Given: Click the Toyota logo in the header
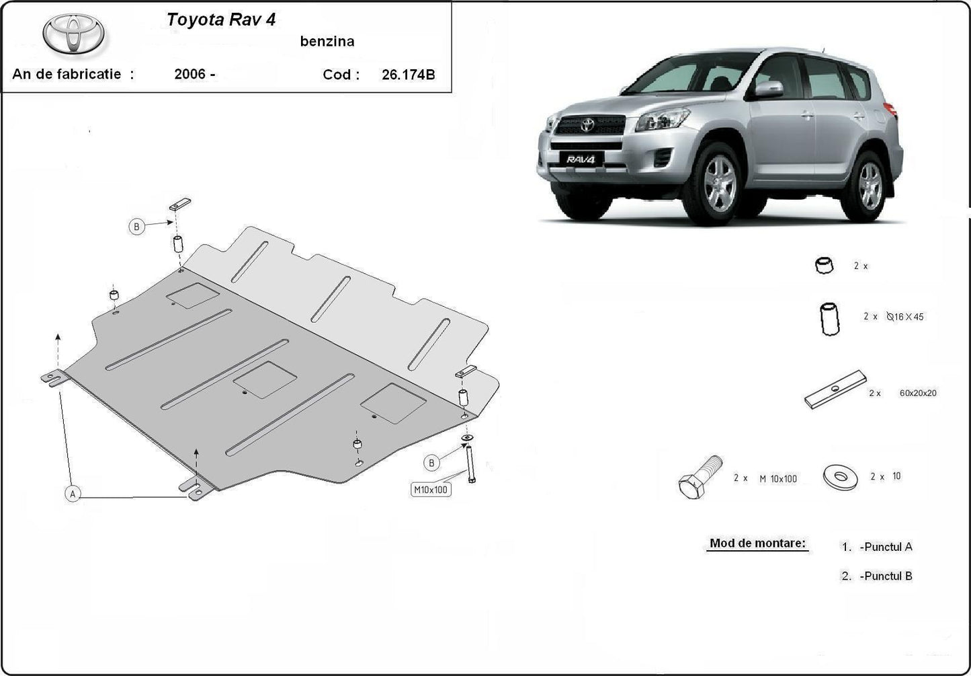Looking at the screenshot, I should coord(74,34).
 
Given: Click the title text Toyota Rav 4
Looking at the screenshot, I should coord(221,20).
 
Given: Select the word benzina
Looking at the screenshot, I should coord(327,42).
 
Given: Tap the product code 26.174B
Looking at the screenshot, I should coord(408,75).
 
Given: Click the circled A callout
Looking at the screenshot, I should coord(73,494).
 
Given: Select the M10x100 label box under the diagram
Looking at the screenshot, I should coord(431,490).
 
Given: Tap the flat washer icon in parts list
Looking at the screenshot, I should coord(840,477).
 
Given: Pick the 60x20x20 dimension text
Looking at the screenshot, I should coord(917,393).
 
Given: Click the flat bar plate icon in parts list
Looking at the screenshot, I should coord(835,390).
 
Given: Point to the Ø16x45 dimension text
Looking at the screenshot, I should coord(905,316).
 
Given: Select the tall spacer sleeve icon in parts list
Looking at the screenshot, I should coord(830,318).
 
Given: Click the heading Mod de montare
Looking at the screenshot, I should coord(757,543).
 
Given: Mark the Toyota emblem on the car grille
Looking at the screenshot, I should coord(588,125).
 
